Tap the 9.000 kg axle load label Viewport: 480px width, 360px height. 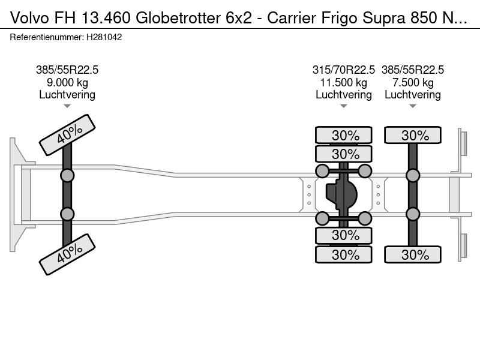click(67, 82)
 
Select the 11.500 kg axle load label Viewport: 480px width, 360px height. click(344, 82)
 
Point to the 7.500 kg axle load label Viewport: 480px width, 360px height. click(413, 82)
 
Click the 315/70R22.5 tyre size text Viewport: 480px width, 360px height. click(344, 70)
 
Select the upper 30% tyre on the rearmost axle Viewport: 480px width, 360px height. click(413, 135)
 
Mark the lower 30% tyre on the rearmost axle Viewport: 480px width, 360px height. click(413, 254)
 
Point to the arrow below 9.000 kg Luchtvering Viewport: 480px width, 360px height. click(67, 106)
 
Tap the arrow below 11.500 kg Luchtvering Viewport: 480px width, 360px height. click(344, 106)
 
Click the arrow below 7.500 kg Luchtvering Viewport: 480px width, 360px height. click(413, 106)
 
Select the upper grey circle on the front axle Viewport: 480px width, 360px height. click(67, 175)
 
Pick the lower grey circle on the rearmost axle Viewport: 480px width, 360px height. click(413, 214)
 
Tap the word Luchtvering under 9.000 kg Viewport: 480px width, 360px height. click(67, 94)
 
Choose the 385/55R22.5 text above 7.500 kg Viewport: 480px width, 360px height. click(413, 70)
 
